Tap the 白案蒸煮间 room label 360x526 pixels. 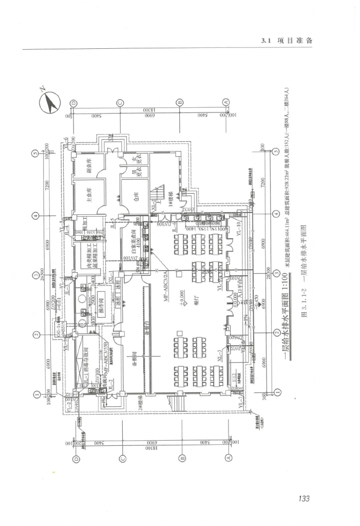(x=133, y=250)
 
